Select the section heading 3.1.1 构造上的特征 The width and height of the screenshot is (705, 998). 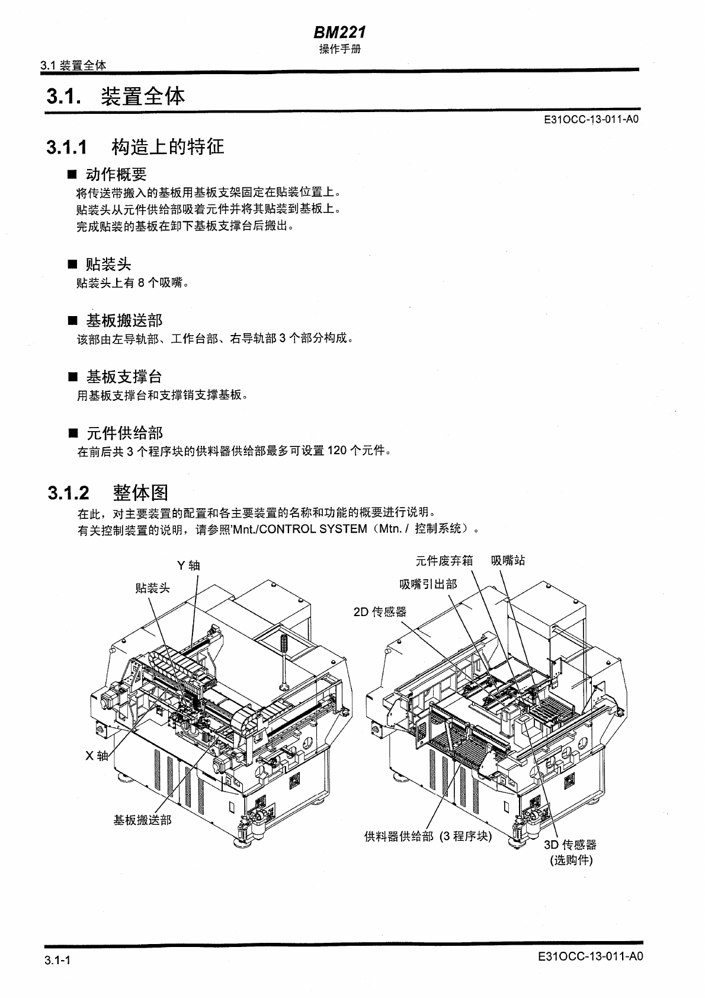tap(136, 146)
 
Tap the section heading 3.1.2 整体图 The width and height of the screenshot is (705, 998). tap(108, 492)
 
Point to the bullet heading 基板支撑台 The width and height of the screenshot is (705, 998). tap(123, 377)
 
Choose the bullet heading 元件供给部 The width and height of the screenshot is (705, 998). tap(124, 433)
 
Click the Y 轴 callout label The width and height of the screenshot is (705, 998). tap(188, 565)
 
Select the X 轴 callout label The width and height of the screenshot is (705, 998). tap(97, 755)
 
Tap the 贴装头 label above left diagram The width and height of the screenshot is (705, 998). tap(152, 588)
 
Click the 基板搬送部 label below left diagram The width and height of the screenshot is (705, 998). tap(142, 820)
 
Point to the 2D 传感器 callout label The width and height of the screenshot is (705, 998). tap(380, 611)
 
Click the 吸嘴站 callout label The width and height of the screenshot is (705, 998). tap(508, 560)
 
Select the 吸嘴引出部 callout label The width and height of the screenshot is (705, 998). tap(428, 584)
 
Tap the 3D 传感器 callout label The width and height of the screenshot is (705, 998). tap(570, 845)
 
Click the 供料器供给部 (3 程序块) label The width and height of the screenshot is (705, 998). tap(428, 836)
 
